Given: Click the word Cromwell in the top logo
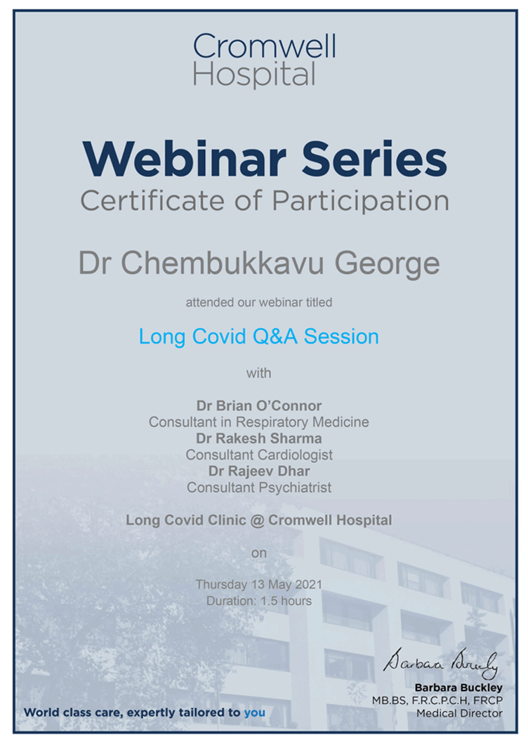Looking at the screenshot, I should pyautogui.click(x=264, y=47).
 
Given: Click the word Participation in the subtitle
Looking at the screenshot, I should pyautogui.click(x=360, y=201).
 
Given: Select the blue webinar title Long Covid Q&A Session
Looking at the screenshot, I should pyautogui.click(x=258, y=337).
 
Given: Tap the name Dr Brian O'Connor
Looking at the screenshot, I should pyautogui.click(x=258, y=406).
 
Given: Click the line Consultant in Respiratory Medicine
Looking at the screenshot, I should pyautogui.click(x=258, y=422).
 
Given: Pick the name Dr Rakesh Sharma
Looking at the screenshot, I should pyautogui.click(x=258, y=438).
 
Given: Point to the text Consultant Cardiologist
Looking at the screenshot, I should pyautogui.click(x=258, y=455).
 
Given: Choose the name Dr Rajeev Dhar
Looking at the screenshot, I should pyautogui.click(x=258, y=471).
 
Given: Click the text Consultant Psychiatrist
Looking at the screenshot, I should pyautogui.click(x=258, y=487).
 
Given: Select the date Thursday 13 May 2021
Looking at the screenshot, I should pyautogui.click(x=258, y=585).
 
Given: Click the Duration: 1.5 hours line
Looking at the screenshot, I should pyautogui.click(x=258, y=601).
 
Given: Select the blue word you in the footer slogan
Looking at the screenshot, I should pyautogui.click(x=254, y=712).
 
